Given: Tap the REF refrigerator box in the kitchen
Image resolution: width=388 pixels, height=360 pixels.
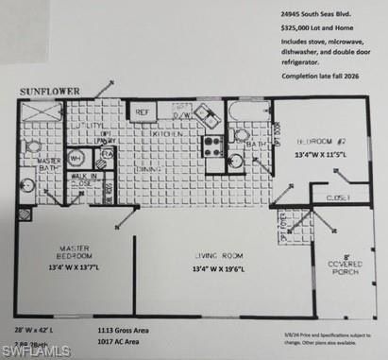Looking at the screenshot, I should tap(143, 112).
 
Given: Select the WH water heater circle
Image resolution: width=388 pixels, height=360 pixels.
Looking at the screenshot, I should tap(76, 159).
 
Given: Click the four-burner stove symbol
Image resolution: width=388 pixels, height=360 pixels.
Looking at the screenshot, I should tap(213, 146).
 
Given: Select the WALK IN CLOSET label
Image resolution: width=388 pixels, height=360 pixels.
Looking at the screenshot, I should tap(85, 179).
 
